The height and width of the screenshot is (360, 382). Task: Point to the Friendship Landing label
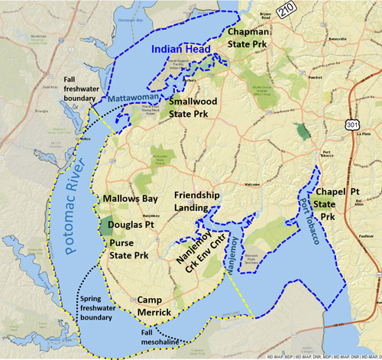point(196,201)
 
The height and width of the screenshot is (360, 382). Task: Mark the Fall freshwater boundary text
point(79,89)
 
